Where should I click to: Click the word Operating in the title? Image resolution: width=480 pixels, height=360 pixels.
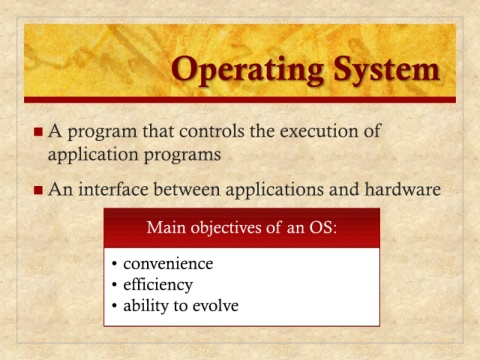tap(247, 71)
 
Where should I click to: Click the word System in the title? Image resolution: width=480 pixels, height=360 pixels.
tap(387, 69)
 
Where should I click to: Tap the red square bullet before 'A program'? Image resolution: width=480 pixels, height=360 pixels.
tap(38, 131)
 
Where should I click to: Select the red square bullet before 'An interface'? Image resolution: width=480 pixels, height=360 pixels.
tap(38, 190)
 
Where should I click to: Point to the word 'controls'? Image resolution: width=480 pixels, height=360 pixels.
tap(212, 131)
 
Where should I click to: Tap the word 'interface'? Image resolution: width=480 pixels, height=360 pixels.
tap(113, 189)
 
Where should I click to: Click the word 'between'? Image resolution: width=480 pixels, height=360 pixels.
tap(187, 189)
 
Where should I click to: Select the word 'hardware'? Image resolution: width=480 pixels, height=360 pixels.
tap(403, 189)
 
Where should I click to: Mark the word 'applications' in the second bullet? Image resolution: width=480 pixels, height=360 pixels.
tap(275, 190)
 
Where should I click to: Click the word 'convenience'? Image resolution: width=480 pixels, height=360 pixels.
tap(168, 264)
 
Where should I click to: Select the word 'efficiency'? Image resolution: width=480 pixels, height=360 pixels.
tap(158, 285)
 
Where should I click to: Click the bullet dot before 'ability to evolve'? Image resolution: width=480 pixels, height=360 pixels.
tap(115, 306)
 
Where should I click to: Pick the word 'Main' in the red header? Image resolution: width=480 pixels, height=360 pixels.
tap(166, 227)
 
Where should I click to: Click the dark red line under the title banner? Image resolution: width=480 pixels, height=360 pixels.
tap(240, 100)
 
